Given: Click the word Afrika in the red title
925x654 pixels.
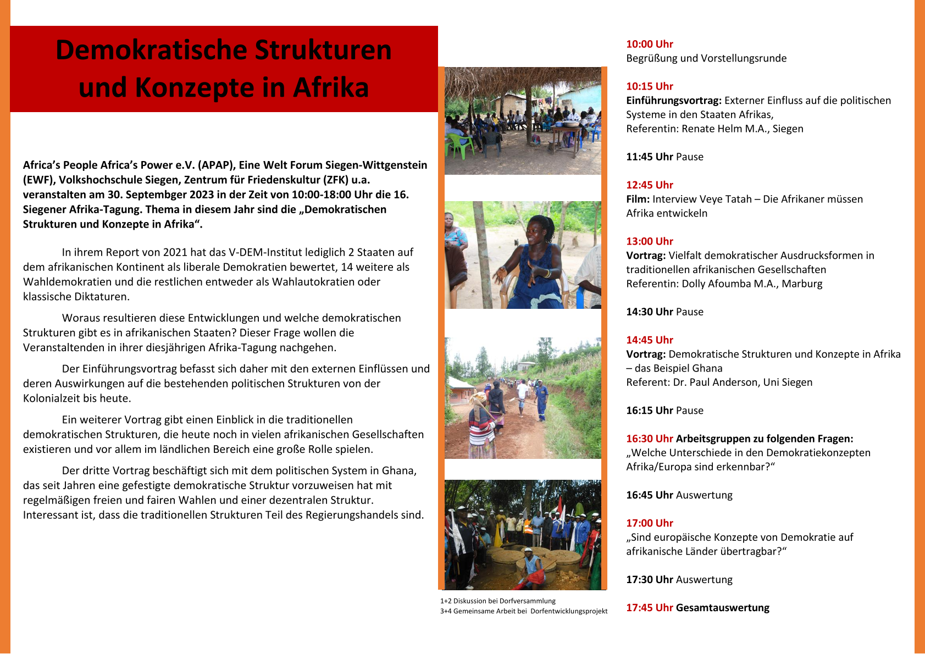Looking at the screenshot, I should (x=331, y=87).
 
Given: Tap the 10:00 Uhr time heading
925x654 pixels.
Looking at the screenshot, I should (x=649, y=44).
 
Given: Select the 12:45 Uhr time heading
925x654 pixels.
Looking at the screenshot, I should (x=649, y=185).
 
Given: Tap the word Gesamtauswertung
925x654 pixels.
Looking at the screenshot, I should (x=722, y=607).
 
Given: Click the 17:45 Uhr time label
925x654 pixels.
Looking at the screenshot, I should (x=649, y=607).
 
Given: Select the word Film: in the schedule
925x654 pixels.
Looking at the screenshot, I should (x=638, y=199).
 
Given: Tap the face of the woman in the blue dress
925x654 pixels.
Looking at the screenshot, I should (x=536, y=231).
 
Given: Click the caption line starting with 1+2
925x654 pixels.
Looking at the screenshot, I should (x=497, y=601).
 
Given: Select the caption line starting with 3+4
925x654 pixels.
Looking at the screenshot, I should (x=523, y=611).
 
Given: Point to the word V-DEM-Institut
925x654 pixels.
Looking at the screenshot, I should (x=267, y=252).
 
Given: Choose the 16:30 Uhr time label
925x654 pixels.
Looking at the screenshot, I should (x=649, y=439).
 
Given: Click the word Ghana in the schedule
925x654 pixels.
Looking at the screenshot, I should (x=707, y=368).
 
